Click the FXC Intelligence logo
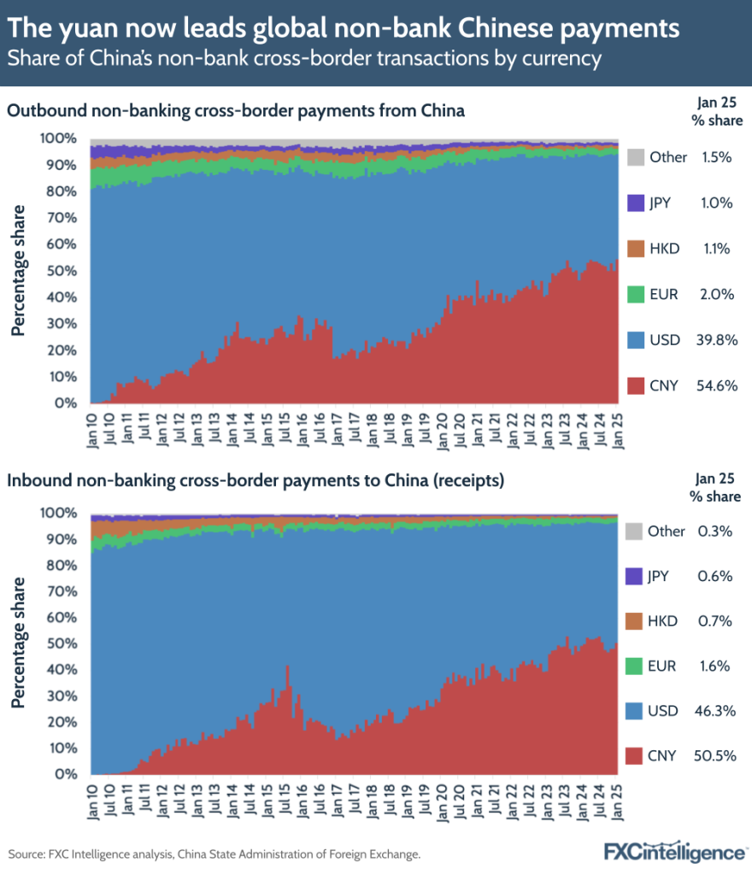click(674, 852)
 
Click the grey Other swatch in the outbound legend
click(635, 157)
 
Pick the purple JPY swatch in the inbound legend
click(635, 576)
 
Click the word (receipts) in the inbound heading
click(467, 481)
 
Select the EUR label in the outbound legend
click(663, 294)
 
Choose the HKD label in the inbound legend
click(664, 621)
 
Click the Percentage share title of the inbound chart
click(17, 642)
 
